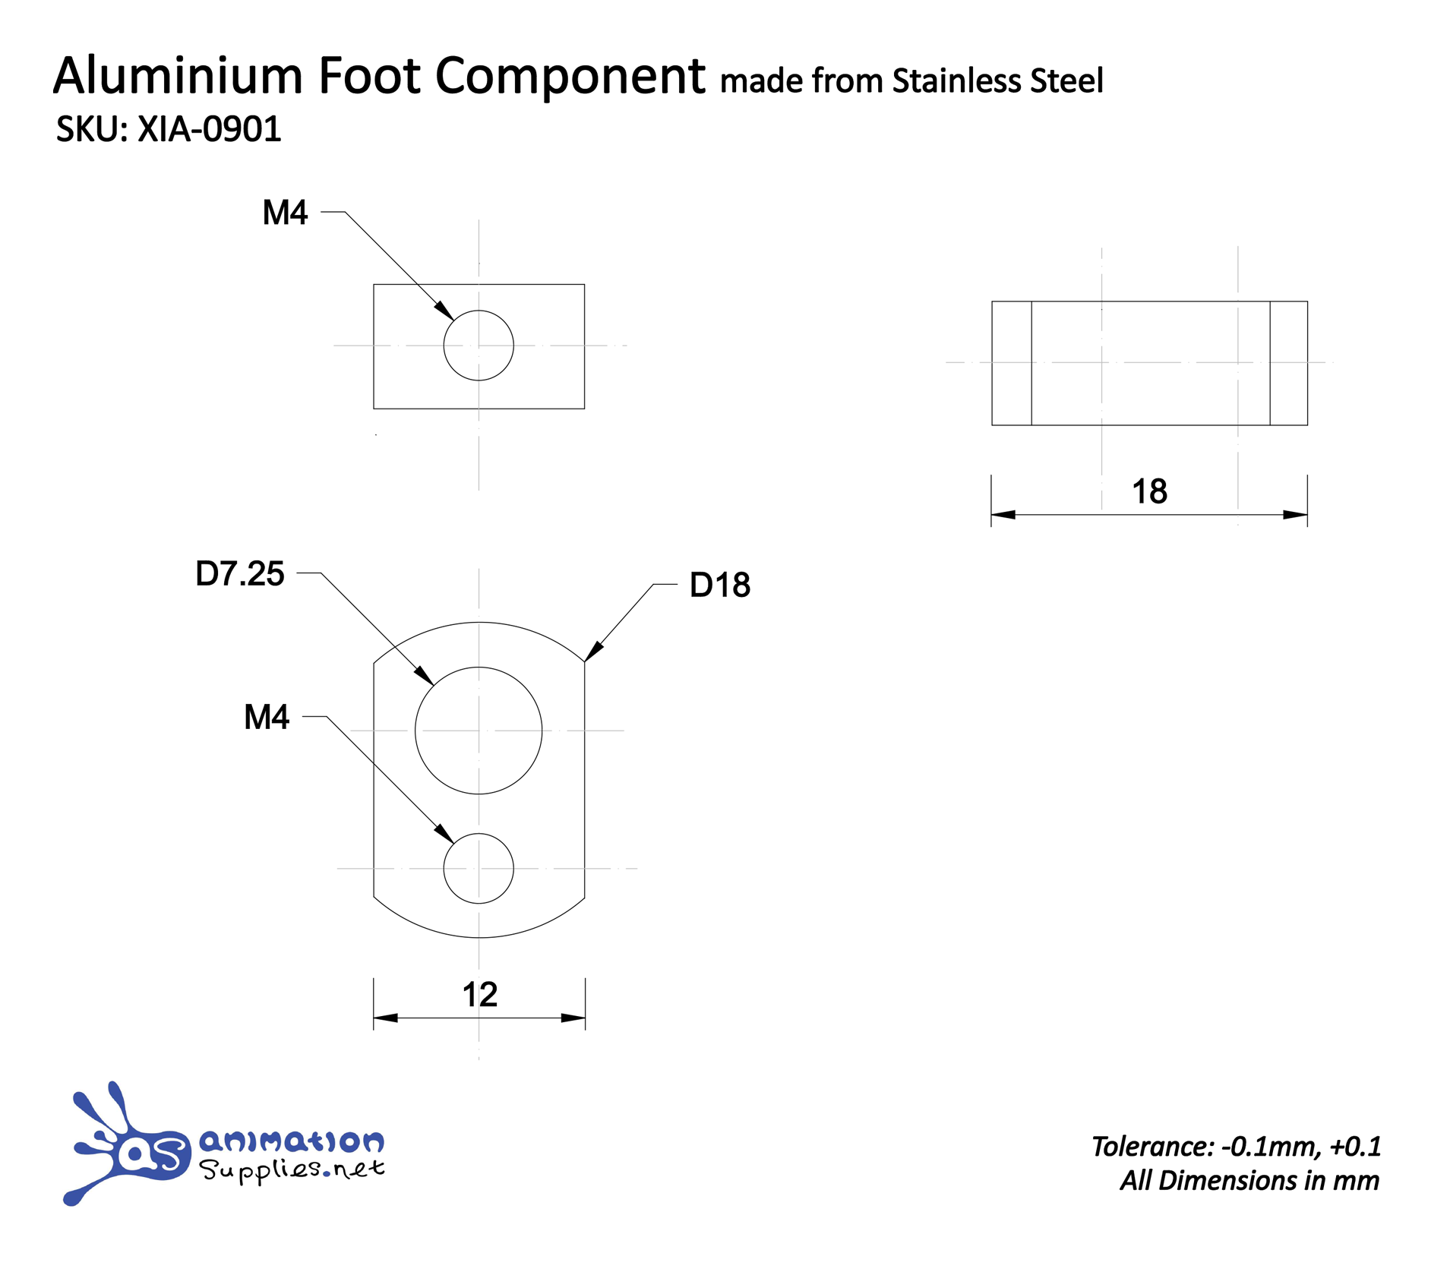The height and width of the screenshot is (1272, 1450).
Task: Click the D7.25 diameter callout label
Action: click(239, 574)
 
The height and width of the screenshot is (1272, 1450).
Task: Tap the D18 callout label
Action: click(719, 585)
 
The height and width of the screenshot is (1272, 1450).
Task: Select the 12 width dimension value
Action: click(479, 994)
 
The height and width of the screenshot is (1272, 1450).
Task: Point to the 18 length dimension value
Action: click(1149, 491)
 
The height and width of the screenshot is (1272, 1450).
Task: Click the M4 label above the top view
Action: click(285, 213)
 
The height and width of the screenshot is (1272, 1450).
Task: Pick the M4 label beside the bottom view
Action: click(266, 717)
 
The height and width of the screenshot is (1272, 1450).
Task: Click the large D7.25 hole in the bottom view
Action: click(479, 731)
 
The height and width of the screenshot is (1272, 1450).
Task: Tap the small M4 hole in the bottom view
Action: click(479, 868)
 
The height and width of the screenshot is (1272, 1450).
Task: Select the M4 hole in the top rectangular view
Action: click(479, 346)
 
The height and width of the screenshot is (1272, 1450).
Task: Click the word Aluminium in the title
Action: click(178, 76)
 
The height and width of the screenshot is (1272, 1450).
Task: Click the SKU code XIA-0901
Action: click(209, 129)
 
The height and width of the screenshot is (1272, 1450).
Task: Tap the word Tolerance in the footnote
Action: click(1152, 1146)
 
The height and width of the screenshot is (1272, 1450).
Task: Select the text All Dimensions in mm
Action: click(1249, 1180)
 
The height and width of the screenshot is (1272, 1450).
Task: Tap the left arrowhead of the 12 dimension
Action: click(385, 1018)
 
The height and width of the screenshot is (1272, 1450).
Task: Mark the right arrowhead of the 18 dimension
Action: click(1295, 515)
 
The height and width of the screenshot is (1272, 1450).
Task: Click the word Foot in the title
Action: click(369, 76)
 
